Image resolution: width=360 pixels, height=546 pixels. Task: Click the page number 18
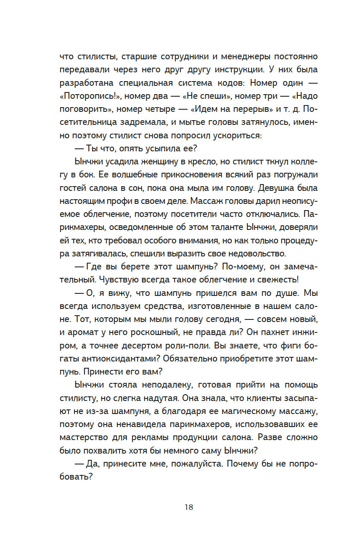point(188,507)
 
